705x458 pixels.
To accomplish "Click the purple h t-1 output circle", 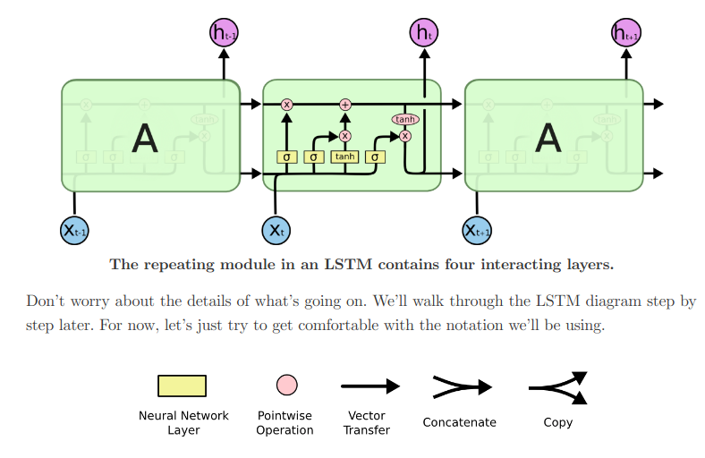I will [224, 34].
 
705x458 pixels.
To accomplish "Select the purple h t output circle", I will [424, 34].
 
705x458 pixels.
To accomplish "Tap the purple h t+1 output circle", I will [626, 34].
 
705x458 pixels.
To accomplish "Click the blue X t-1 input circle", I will [74, 230].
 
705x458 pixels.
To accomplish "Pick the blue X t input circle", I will [276, 230].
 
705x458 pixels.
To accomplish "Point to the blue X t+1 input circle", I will [477, 230].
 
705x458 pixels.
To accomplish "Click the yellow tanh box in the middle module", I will [344, 157].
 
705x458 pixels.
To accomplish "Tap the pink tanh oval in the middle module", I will [405, 119].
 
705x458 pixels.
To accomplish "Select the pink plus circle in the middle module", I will [345, 105].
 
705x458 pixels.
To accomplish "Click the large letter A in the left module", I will [144, 138].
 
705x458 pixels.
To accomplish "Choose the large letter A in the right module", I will [548, 138].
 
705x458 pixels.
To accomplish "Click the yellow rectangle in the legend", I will [183, 386].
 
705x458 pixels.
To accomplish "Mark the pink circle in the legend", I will [286, 385].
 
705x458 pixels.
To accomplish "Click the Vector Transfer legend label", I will [367, 423].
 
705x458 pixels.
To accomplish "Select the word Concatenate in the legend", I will [460, 422].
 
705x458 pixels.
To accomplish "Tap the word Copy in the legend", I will [558, 422].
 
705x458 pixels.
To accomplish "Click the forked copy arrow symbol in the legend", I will [558, 387].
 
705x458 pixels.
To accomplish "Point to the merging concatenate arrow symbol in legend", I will [462, 387].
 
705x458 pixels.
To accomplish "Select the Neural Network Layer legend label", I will [183, 423].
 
